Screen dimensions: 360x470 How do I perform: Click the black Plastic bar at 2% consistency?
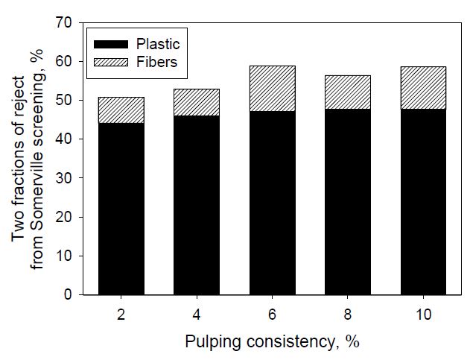point(121,209)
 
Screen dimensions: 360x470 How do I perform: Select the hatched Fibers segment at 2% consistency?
point(121,110)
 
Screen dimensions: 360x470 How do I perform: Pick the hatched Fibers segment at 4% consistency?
point(197,103)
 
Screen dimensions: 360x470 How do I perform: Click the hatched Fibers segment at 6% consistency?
point(272,89)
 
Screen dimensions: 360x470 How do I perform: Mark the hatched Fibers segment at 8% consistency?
point(347,92)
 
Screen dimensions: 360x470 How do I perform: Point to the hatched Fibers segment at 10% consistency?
point(422,89)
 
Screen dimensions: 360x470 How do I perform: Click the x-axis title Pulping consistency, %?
point(272,343)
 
